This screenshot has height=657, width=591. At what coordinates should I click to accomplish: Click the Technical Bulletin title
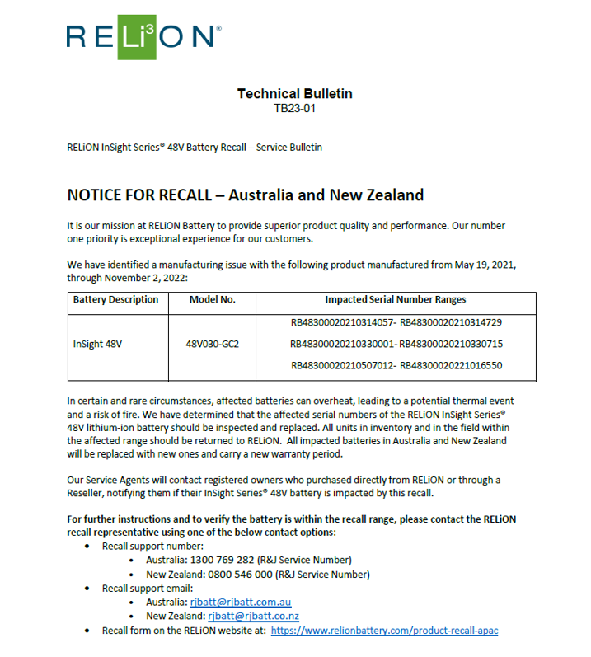[x=294, y=94]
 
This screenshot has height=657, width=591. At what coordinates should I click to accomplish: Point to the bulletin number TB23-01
[x=294, y=108]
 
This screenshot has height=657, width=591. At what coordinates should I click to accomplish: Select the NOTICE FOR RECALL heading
[x=245, y=195]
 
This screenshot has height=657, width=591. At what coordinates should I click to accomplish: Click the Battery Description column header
[x=115, y=299]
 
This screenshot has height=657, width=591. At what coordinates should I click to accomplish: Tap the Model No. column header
[x=213, y=299]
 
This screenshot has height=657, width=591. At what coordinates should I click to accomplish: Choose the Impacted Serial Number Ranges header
[x=395, y=299]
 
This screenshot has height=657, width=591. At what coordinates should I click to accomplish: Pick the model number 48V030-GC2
[x=213, y=344]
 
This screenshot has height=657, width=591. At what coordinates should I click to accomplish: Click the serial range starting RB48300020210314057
[x=396, y=322]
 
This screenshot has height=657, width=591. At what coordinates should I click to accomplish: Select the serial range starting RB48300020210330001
[x=396, y=344]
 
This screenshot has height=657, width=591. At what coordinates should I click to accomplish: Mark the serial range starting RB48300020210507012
[x=396, y=365]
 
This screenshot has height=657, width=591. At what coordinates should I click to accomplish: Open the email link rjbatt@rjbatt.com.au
[x=240, y=603]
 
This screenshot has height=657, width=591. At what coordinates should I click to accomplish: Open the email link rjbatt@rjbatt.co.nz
[x=253, y=617]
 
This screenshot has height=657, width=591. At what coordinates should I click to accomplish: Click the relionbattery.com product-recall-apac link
[x=384, y=631]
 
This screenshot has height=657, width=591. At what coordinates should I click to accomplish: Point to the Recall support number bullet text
[x=152, y=547]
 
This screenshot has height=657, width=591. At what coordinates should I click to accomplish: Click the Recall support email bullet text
[x=147, y=589]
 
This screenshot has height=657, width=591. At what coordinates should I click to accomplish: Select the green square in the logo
[x=137, y=36]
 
